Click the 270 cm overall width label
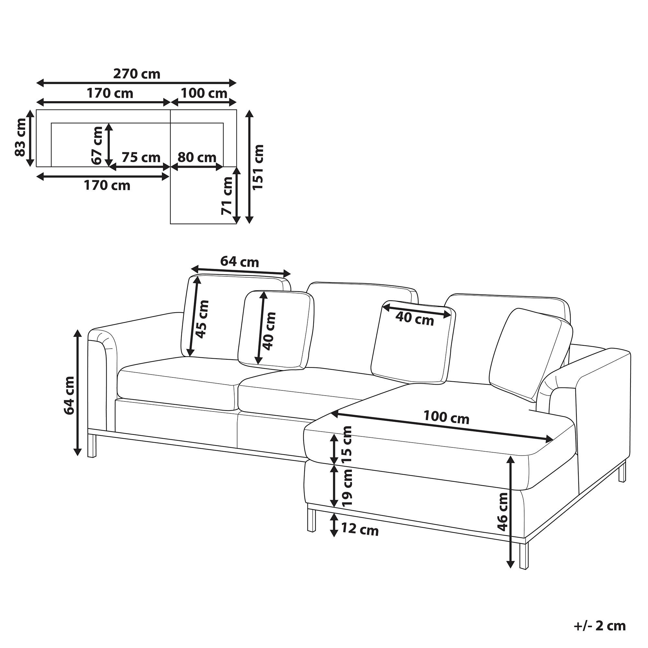(x=136, y=74)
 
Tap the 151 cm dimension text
(x=258, y=168)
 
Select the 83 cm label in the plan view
(x=20, y=137)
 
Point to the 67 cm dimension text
(x=98, y=145)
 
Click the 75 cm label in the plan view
(x=141, y=157)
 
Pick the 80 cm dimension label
(x=197, y=157)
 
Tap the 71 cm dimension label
(x=227, y=196)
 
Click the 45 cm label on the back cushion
(x=202, y=319)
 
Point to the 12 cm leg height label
(x=360, y=530)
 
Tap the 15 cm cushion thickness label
(x=346, y=445)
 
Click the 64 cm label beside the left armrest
(x=69, y=395)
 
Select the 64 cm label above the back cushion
(x=239, y=262)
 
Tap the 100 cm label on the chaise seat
(x=446, y=418)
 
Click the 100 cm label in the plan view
(x=204, y=93)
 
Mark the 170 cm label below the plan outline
(x=107, y=185)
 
